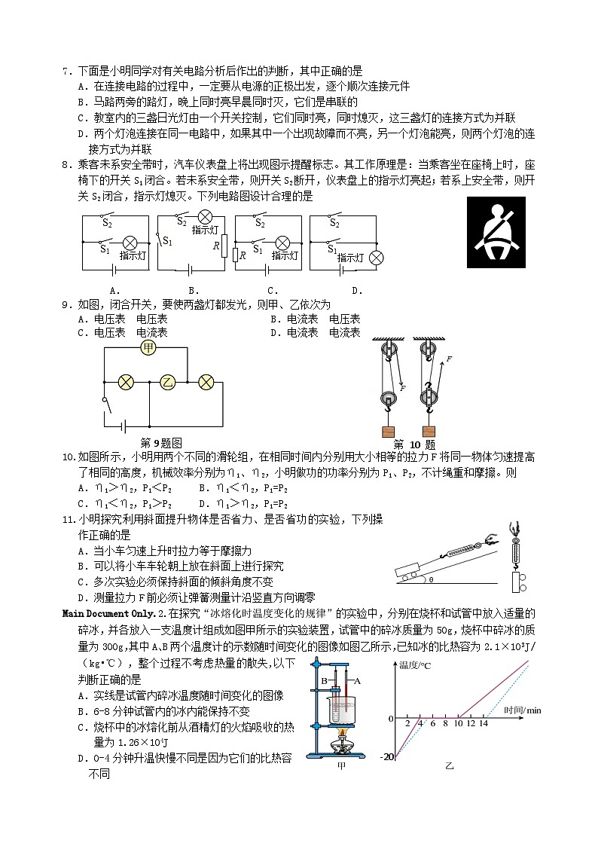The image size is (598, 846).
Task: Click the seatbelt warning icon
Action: [x=496, y=232]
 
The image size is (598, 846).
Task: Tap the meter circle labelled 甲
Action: [x=148, y=347]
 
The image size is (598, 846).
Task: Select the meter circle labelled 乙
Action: [x=166, y=382]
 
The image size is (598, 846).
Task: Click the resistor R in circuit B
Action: [x=223, y=246]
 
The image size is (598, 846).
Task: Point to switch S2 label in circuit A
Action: [x=107, y=223]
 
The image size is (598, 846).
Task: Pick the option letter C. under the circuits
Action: [x=273, y=290]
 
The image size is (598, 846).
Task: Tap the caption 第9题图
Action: [x=161, y=443]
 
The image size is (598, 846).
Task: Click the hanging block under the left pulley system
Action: [x=389, y=432]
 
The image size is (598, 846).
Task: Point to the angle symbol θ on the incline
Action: [x=430, y=580]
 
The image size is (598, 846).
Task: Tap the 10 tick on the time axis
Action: [x=457, y=724]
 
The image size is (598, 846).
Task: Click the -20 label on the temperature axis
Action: [x=386, y=756]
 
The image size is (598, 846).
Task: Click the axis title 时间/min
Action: [x=523, y=710]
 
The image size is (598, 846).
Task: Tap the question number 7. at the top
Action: [x=67, y=70]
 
